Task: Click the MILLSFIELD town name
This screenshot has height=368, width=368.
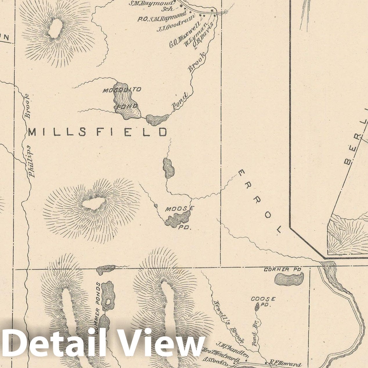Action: [98, 132]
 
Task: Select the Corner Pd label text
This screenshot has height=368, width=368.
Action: [283, 270]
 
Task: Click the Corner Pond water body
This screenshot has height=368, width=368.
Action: [289, 279]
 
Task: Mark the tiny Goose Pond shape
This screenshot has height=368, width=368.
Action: [257, 306]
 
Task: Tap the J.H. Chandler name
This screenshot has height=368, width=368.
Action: [232, 349]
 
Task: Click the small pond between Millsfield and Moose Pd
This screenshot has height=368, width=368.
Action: [169, 168]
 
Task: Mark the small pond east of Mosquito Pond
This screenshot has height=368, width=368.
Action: [157, 119]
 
